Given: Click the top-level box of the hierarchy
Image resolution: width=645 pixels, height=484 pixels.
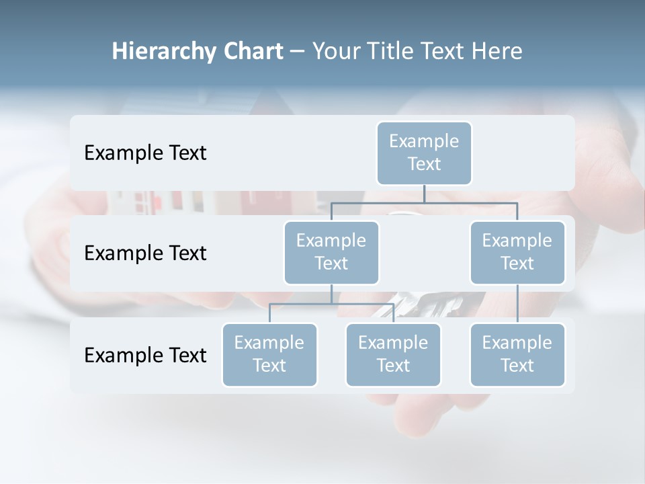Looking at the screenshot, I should [x=424, y=153].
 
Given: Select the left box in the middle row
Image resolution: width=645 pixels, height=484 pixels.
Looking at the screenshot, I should [x=331, y=252].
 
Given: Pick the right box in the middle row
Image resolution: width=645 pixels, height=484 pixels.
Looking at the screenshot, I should [x=517, y=252].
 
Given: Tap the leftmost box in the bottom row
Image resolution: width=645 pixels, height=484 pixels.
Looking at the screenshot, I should [x=269, y=354].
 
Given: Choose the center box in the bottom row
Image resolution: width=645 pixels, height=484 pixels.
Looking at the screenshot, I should [x=393, y=354].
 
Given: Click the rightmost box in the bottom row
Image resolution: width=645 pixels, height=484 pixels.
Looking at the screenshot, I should [x=517, y=354].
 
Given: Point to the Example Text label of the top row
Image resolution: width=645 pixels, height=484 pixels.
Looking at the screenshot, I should [x=145, y=153].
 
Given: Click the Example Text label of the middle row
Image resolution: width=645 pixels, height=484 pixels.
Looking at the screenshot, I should [x=145, y=253].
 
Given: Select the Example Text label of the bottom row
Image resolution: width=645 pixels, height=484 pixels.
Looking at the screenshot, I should [x=145, y=355].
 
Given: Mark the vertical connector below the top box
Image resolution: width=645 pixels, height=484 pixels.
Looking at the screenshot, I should [x=424, y=194].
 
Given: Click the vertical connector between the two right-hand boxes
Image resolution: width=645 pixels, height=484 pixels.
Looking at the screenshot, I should [x=517, y=303].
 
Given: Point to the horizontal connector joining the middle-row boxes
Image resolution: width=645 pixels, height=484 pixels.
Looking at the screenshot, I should [x=424, y=202].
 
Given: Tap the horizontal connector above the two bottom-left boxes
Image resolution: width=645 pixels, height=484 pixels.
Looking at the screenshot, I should [x=331, y=304].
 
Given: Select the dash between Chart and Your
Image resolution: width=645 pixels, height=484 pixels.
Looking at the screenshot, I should [x=298, y=52].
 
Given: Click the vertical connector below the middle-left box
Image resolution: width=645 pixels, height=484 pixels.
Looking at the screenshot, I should [x=331, y=294].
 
